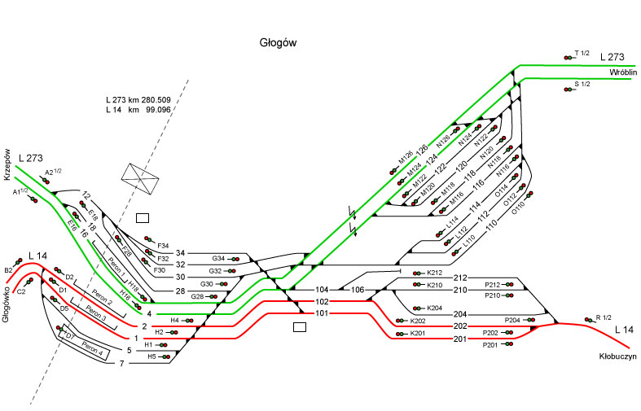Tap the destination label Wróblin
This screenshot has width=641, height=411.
622,72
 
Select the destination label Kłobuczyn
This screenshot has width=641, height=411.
615,356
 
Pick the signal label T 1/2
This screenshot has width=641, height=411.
582,53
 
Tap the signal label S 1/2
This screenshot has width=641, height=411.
582,84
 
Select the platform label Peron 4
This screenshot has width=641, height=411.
90,351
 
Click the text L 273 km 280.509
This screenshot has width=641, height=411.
138,99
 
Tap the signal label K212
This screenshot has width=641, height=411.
433,273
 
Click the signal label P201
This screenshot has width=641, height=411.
490,345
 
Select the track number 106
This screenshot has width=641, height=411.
357,290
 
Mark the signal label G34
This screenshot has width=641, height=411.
218,258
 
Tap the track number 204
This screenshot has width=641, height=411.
460,314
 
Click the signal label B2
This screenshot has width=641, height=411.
8,269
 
